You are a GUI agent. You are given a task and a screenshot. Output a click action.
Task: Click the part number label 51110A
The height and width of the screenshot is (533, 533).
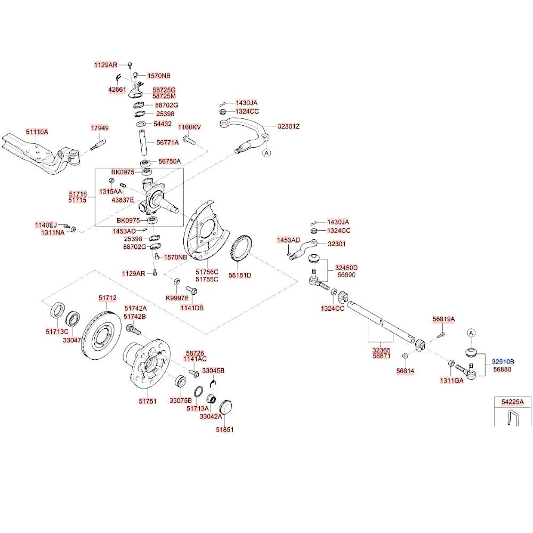click(x=37, y=132)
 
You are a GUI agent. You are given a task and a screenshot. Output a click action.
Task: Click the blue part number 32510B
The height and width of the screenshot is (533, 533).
click(x=503, y=361)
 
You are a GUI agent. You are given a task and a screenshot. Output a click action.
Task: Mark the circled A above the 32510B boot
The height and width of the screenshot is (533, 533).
click(x=471, y=333)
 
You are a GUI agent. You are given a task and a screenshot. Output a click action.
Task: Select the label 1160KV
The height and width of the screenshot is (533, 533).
click(x=189, y=127)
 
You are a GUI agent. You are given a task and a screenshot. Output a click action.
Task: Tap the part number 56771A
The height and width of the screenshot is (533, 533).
click(x=167, y=142)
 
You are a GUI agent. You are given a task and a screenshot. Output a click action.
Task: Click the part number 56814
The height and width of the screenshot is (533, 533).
click(x=405, y=370)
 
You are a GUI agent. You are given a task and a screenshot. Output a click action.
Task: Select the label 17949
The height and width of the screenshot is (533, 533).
click(x=99, y=128)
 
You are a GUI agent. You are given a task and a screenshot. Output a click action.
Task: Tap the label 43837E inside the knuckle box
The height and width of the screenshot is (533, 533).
click(x=123, y=200)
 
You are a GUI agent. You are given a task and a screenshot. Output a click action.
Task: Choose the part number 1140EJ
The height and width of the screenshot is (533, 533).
click(x=45, y=225)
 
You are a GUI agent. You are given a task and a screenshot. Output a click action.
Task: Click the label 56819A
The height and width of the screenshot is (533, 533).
click(x=443, y=319)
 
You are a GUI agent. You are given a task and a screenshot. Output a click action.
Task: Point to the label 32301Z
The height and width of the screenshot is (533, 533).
click(x=288, y=127)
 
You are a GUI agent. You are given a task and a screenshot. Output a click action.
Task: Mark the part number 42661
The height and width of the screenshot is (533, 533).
click(x=117, y=90)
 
